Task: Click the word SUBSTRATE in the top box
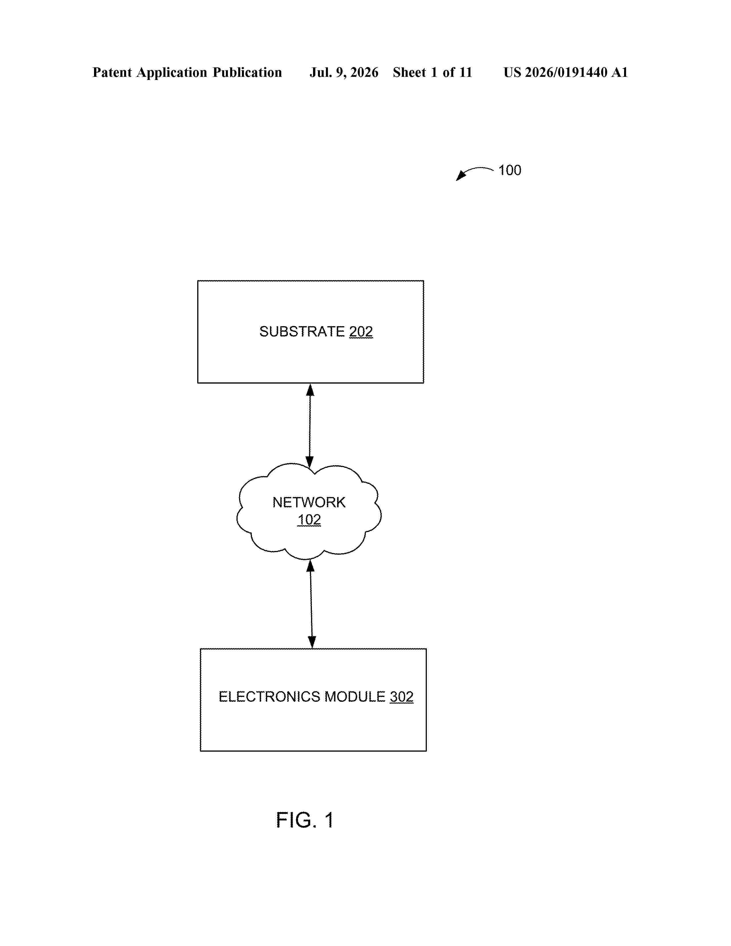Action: [302, 331]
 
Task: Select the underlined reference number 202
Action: [361, 331]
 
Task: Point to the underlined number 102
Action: [309, 519]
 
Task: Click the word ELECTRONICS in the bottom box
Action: [269, 697]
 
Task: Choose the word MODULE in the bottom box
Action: [355, 697]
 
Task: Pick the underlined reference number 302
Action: [401, 697]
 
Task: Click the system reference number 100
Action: [510, 170]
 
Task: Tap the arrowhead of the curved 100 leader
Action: [460, 175]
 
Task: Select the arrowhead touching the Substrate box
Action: [310, 390]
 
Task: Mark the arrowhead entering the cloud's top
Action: [310, 462]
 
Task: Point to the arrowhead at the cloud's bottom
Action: [310, 565]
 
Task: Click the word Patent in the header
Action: [112, 72]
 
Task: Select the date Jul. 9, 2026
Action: [344, 72]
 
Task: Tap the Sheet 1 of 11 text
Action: [432, 72]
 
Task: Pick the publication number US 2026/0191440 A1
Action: [566, 72]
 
